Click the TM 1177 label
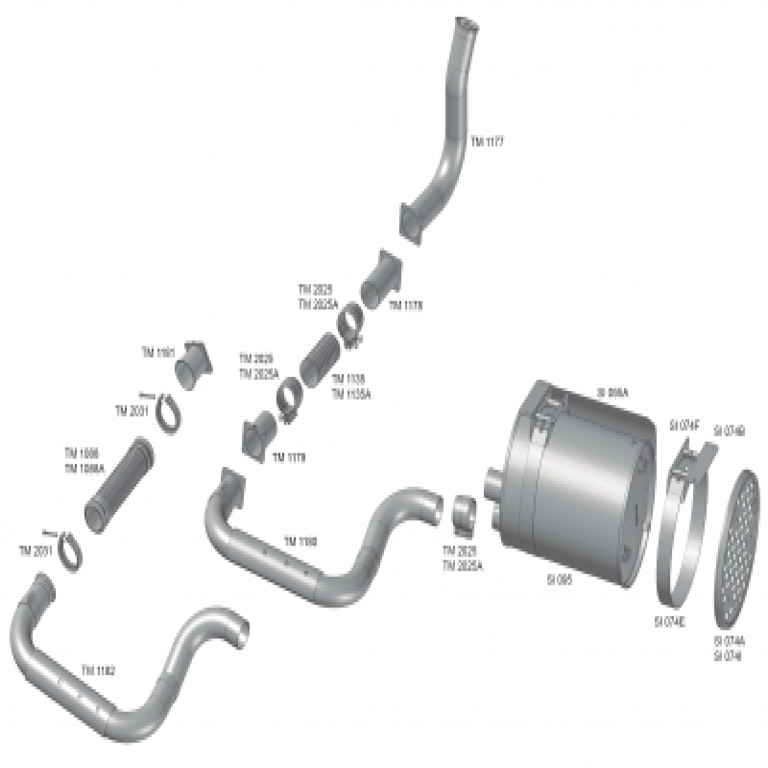coord(487,143)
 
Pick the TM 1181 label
coord(157,352)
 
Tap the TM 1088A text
coord(82,468)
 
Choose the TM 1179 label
coord(289,457)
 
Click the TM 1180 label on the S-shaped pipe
coord(300,541)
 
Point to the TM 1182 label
coord(99,670)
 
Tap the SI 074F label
coord(685,424)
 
